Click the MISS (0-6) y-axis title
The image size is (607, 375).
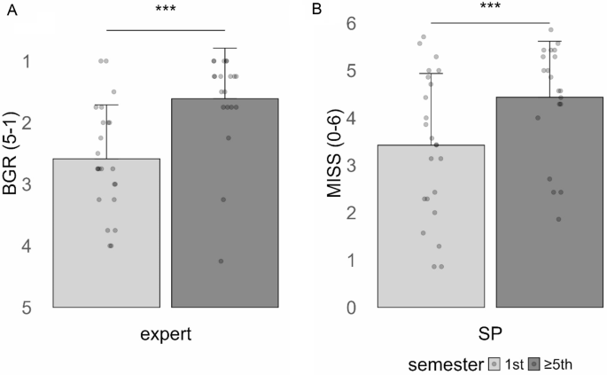(x=334, y=168)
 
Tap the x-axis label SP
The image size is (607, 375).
(x=490, y=333)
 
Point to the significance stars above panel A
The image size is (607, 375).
(x=166, y=10)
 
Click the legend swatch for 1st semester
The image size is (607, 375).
(x=495, y=363)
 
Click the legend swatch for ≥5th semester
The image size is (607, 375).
(x=535, y=363)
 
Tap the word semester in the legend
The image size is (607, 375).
(x=447, y=363)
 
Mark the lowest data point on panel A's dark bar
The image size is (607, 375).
(x=221, y=261)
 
